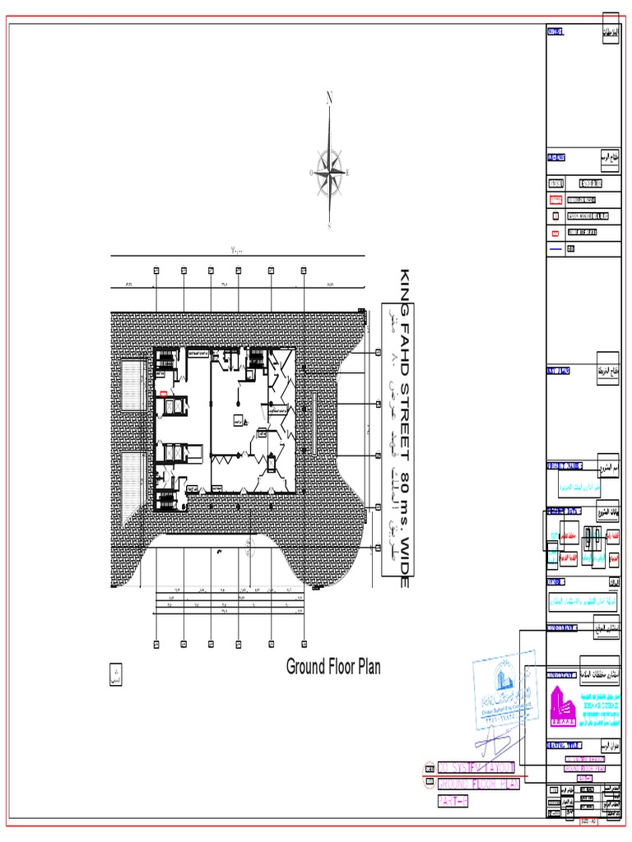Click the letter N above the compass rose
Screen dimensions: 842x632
click(330, 99)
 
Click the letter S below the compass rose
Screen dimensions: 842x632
click(329, 226)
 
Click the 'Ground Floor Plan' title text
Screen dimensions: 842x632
click(333, 667)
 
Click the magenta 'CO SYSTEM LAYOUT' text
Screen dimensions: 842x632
click(476, 767)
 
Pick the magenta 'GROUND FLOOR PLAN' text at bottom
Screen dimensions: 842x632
click(479, 784)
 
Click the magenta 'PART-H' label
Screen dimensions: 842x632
click(453, 801)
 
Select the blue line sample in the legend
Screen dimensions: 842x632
click(555, 248)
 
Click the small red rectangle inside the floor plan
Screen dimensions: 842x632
click(164, 394)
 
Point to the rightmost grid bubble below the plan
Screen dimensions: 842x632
click(303, 643)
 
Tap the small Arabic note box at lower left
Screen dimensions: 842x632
click(114, 677)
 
